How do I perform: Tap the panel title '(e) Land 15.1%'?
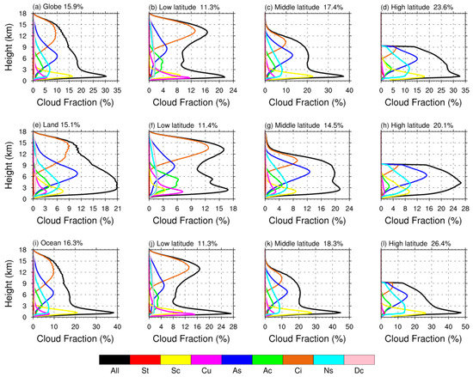tap(58, 125)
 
